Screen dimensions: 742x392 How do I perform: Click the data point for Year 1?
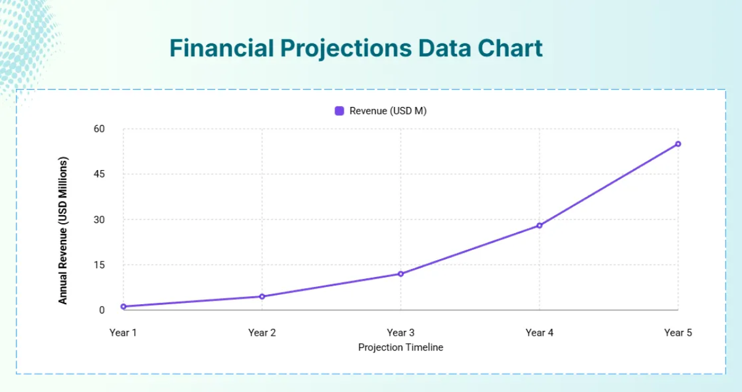pyautogui.click(x=124, y=307)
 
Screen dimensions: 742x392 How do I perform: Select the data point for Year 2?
pyautogui.click(x=262, y=297)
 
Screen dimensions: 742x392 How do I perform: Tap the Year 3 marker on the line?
pyautogui.click(x=401, y=274)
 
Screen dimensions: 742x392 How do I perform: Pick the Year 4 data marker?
pyautogui.click(x=539, y=226)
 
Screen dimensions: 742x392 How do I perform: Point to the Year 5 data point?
pyautogui.click(x=678, y=144)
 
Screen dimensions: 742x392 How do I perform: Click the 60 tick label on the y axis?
pyautogui.click(x=99, y=129)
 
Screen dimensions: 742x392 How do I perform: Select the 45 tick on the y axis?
pyautogui.click(x=99, y=174)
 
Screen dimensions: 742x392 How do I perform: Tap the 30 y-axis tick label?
pyautogui.click(x=99, y=219)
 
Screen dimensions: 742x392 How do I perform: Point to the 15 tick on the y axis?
pyautogui.click(x=99, y=265)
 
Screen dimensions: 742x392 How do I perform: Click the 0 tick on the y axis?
pyautogui.click(x=101, y=310)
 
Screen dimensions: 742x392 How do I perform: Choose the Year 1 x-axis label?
pyautogui.click(x=123, y=333)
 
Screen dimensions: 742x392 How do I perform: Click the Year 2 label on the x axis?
pyautogui.click(x=262, y=333)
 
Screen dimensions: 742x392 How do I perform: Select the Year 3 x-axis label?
pyautogui.click(x=401, y=333)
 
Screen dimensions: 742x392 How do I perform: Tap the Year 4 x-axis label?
pyautogui.click(x=539, y=333)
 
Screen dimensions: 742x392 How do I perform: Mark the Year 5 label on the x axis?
pyautogui.click(x=678, y=333)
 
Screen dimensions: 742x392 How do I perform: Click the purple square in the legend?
pyautogui.click(x=339, y=111)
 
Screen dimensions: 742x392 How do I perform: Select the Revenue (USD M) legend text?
pyautogui.click(x=388, y=111)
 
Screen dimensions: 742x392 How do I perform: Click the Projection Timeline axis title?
pyautogui.click(x=401, y=347)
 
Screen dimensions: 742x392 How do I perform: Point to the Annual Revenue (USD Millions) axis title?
pyautogui.click(x=62, y=230)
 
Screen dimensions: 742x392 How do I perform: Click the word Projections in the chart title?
pyautogui.click(x=346, y=49)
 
